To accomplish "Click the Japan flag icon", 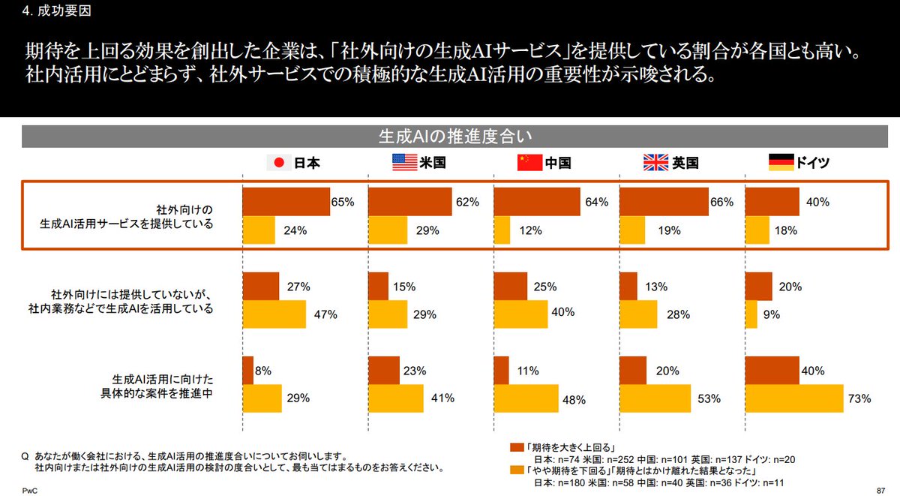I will coord(278,163).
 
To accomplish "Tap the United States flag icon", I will coord(404,163).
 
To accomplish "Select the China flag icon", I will coord(529,163).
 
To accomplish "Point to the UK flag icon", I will coord(656,163).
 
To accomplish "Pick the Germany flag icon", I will coord(781,163).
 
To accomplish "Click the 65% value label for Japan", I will coord(343,203).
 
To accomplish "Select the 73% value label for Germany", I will coord(859,398).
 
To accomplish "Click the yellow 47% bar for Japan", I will coord(274,314).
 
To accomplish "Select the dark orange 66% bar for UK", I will coord(664,203).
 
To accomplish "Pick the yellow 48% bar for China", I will coord(526,398).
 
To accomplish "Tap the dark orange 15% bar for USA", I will coord(379,287).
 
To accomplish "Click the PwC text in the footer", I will coord(28,490).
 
